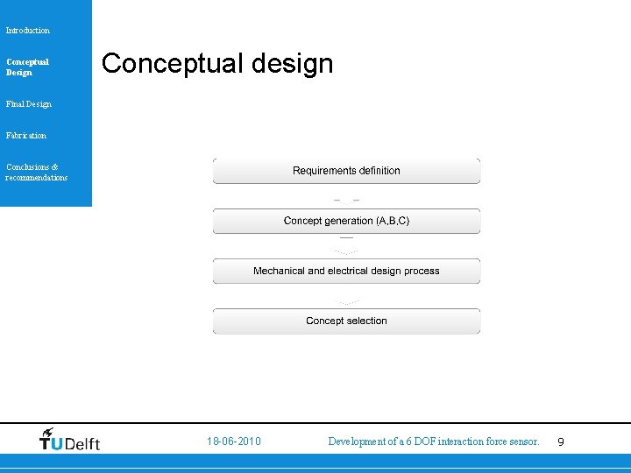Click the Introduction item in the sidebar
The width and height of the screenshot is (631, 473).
tap(28, 31)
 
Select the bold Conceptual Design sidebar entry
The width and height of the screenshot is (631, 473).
tap(27, 67)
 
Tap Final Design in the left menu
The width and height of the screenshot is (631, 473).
tap(29, 104)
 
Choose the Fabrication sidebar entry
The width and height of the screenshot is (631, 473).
tap(26, 136)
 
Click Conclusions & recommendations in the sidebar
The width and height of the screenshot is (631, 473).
tap(36, 172)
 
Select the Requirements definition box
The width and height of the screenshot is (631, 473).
tap(346, 171)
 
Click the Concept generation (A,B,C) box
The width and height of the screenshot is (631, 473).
tap(346, 221)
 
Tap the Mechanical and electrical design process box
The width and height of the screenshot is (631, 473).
tap(346, 271)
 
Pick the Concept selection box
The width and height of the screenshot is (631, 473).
tap(346, 321)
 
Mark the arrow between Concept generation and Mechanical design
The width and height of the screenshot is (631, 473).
tap(346, 245)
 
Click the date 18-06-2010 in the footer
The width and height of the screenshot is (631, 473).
tap(233, 441)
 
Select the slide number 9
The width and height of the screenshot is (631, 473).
tap(561, 442)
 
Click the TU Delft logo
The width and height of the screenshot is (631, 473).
tap(70, 441)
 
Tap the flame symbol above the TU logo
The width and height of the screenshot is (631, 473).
tap(48, 432)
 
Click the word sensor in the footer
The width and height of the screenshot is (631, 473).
tap(523, 441)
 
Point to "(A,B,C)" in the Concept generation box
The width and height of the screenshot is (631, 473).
tap(392, 221)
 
